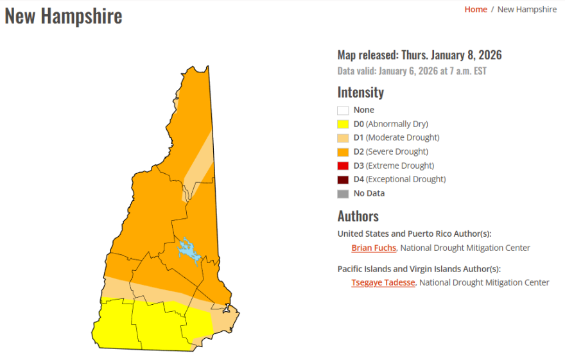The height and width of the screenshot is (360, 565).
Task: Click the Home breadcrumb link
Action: (x=475, y=9)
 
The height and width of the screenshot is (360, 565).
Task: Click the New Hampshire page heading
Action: (x=64, y=16)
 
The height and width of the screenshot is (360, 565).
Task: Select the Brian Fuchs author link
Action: (x=374, y=248)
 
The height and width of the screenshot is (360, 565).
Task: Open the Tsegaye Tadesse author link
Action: (x=383, y=282)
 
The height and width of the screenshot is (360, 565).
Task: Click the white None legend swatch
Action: (x=343, y=110)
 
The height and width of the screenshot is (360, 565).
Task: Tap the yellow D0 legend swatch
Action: (x=343, y=124)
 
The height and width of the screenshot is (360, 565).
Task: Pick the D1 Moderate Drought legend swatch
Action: (x=343, y=138)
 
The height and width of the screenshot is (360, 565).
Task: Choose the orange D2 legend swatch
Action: (x=343, y=152)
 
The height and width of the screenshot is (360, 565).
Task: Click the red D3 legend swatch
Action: (x=343, y=166)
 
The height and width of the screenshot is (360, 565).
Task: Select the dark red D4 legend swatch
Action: (x=343, y=180)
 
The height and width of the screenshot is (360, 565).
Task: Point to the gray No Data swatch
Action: (x=343, y=193)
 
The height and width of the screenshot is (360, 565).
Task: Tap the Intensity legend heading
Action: (x=360, y=92)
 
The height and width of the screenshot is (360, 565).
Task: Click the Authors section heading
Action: (x=358, y=216)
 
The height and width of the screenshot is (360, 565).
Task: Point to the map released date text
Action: (x=419, y=55)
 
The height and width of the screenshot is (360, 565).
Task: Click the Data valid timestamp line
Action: (x=412, y=71)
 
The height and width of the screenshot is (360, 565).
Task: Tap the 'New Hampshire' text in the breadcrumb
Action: (x=526, y=9)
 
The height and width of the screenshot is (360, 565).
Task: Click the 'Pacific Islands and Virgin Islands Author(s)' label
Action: (x=419, y=269)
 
